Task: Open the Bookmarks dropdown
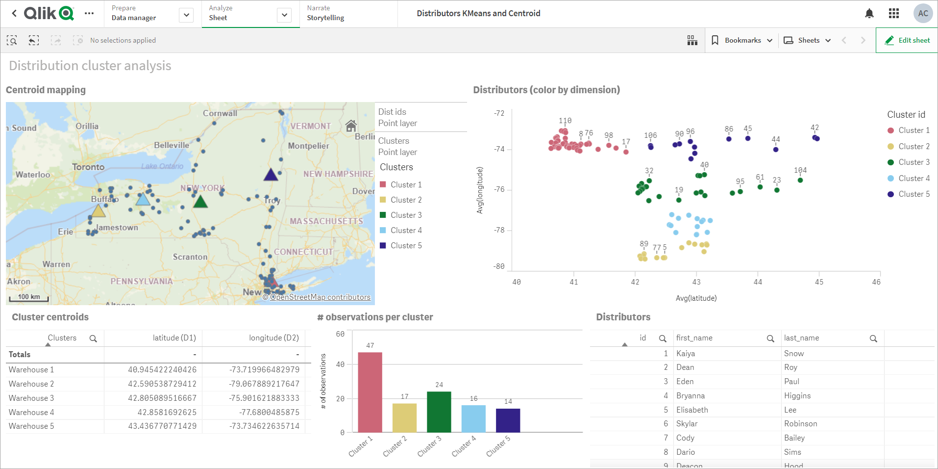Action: [x=742, y=40]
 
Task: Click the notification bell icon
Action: [x=869, y=13]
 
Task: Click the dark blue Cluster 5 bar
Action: [x=508, y=420]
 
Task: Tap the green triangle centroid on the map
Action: [x=200, y=202]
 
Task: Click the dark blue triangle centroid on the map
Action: [x=271, y=175]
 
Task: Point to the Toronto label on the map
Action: [x=88, y=167]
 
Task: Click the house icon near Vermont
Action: [x=351, y=126]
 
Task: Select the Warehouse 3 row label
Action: [x=31, y=398]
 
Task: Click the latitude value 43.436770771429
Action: [x=162, y=426]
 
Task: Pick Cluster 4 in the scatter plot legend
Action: [x=913, y=178]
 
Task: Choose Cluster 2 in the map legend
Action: [x=406, y=200]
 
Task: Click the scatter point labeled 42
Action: [x=816, y=138]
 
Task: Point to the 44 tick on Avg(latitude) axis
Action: [x=758, y=282]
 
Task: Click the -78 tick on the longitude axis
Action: [x=499, y=230]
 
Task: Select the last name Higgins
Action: [x=797, y=395]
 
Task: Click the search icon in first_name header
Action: [x=770, y=339]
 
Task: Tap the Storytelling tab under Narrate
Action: [x=325, y=18]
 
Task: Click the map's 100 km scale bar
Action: [x=29, y=297]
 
